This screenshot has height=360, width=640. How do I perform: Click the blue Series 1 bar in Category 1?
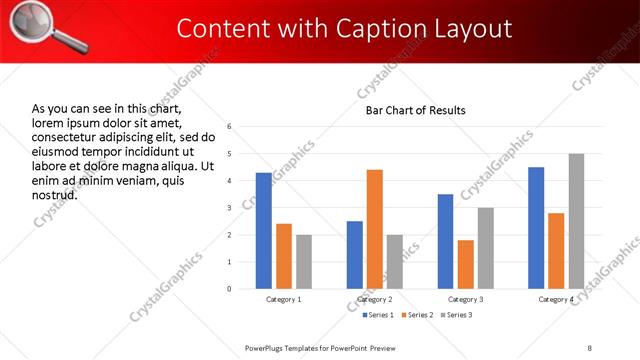click(264, 231)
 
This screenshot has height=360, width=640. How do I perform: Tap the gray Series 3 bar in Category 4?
click(576, 221)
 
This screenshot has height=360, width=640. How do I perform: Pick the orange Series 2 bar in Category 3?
click(466, 264)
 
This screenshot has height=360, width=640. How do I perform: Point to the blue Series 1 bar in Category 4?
click(536, 228)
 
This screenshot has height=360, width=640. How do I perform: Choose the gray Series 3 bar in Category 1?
click(304, 262)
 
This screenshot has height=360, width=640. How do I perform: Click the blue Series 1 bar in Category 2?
click(355, 255)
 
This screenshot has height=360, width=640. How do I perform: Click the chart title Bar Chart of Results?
click(414, 110)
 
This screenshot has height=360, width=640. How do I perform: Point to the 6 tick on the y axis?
click(230, 127)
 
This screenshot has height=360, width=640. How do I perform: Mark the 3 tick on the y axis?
click(230, 208)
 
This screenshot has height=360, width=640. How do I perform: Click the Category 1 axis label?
click(284, 299)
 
